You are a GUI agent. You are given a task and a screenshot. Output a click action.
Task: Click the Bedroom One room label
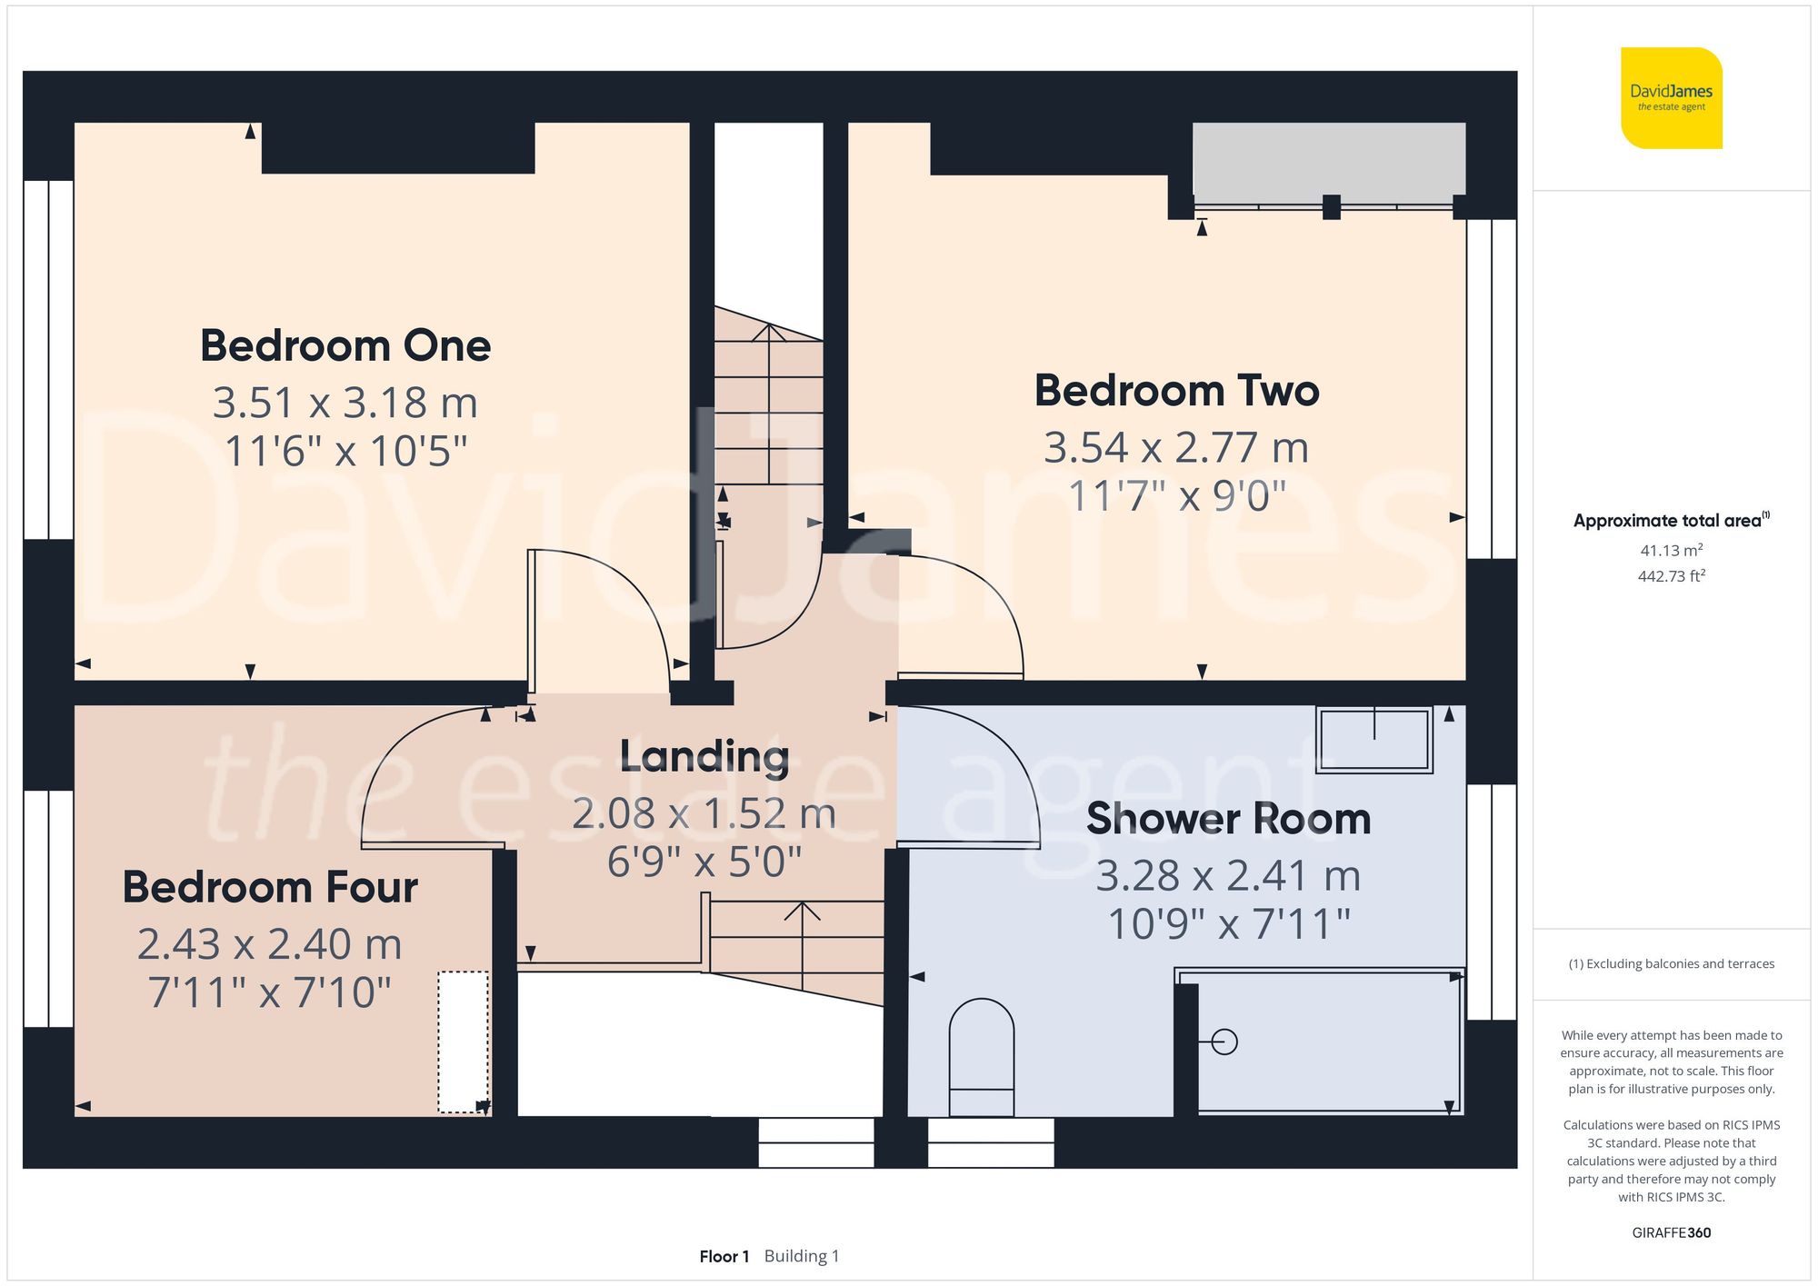pyautogui.click(x=345, y=346)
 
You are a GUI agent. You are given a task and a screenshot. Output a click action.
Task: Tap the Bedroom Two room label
pyautogui.click(x=1177, y=391)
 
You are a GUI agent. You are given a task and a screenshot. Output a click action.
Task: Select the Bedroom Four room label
pyautogui.click(x=270, y=887)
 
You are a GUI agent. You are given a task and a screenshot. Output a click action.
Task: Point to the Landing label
pyautogui.click(x=704, y=756)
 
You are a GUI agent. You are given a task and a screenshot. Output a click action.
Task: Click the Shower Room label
pyautogui.click(x=1229, y=819)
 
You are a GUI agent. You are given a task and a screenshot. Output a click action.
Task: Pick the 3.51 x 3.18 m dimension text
pyautogui.click(x=345, y=403)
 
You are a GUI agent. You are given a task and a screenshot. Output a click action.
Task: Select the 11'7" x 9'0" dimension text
pyautogui.click(x=1177, y=496)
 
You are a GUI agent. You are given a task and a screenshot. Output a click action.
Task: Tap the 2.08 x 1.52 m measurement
pyautogui.click(x=704, y=813)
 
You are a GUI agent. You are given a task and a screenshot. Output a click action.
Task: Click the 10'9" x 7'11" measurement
pyautogui.click(x=1229, y=924)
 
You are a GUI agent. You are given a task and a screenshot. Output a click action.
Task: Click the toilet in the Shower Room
pyautogui.click(x=982, y=1058)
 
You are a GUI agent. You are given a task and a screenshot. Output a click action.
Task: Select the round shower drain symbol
pyautogui.click(x=1224, y=1042)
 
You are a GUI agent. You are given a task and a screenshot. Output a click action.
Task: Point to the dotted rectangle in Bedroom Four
pyautogui.click(x=464, y=1042)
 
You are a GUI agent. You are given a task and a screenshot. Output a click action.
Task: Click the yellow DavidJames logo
pyautogui.click(x=1672, y=98)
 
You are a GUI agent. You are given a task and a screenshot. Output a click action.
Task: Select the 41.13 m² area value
pyautogui.click(x=1672, y=550)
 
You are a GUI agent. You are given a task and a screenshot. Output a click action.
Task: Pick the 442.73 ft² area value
pyautogui.click(x=1672, y=576)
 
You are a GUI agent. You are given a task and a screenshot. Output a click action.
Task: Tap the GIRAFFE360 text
pyautogui.click(x=1672, y=1233)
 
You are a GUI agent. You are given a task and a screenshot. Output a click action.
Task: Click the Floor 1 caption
pyautogui.click(x=724, y=1257)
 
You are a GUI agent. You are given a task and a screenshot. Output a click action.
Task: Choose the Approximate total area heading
pyautogui.click(x=1672, y=521)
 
